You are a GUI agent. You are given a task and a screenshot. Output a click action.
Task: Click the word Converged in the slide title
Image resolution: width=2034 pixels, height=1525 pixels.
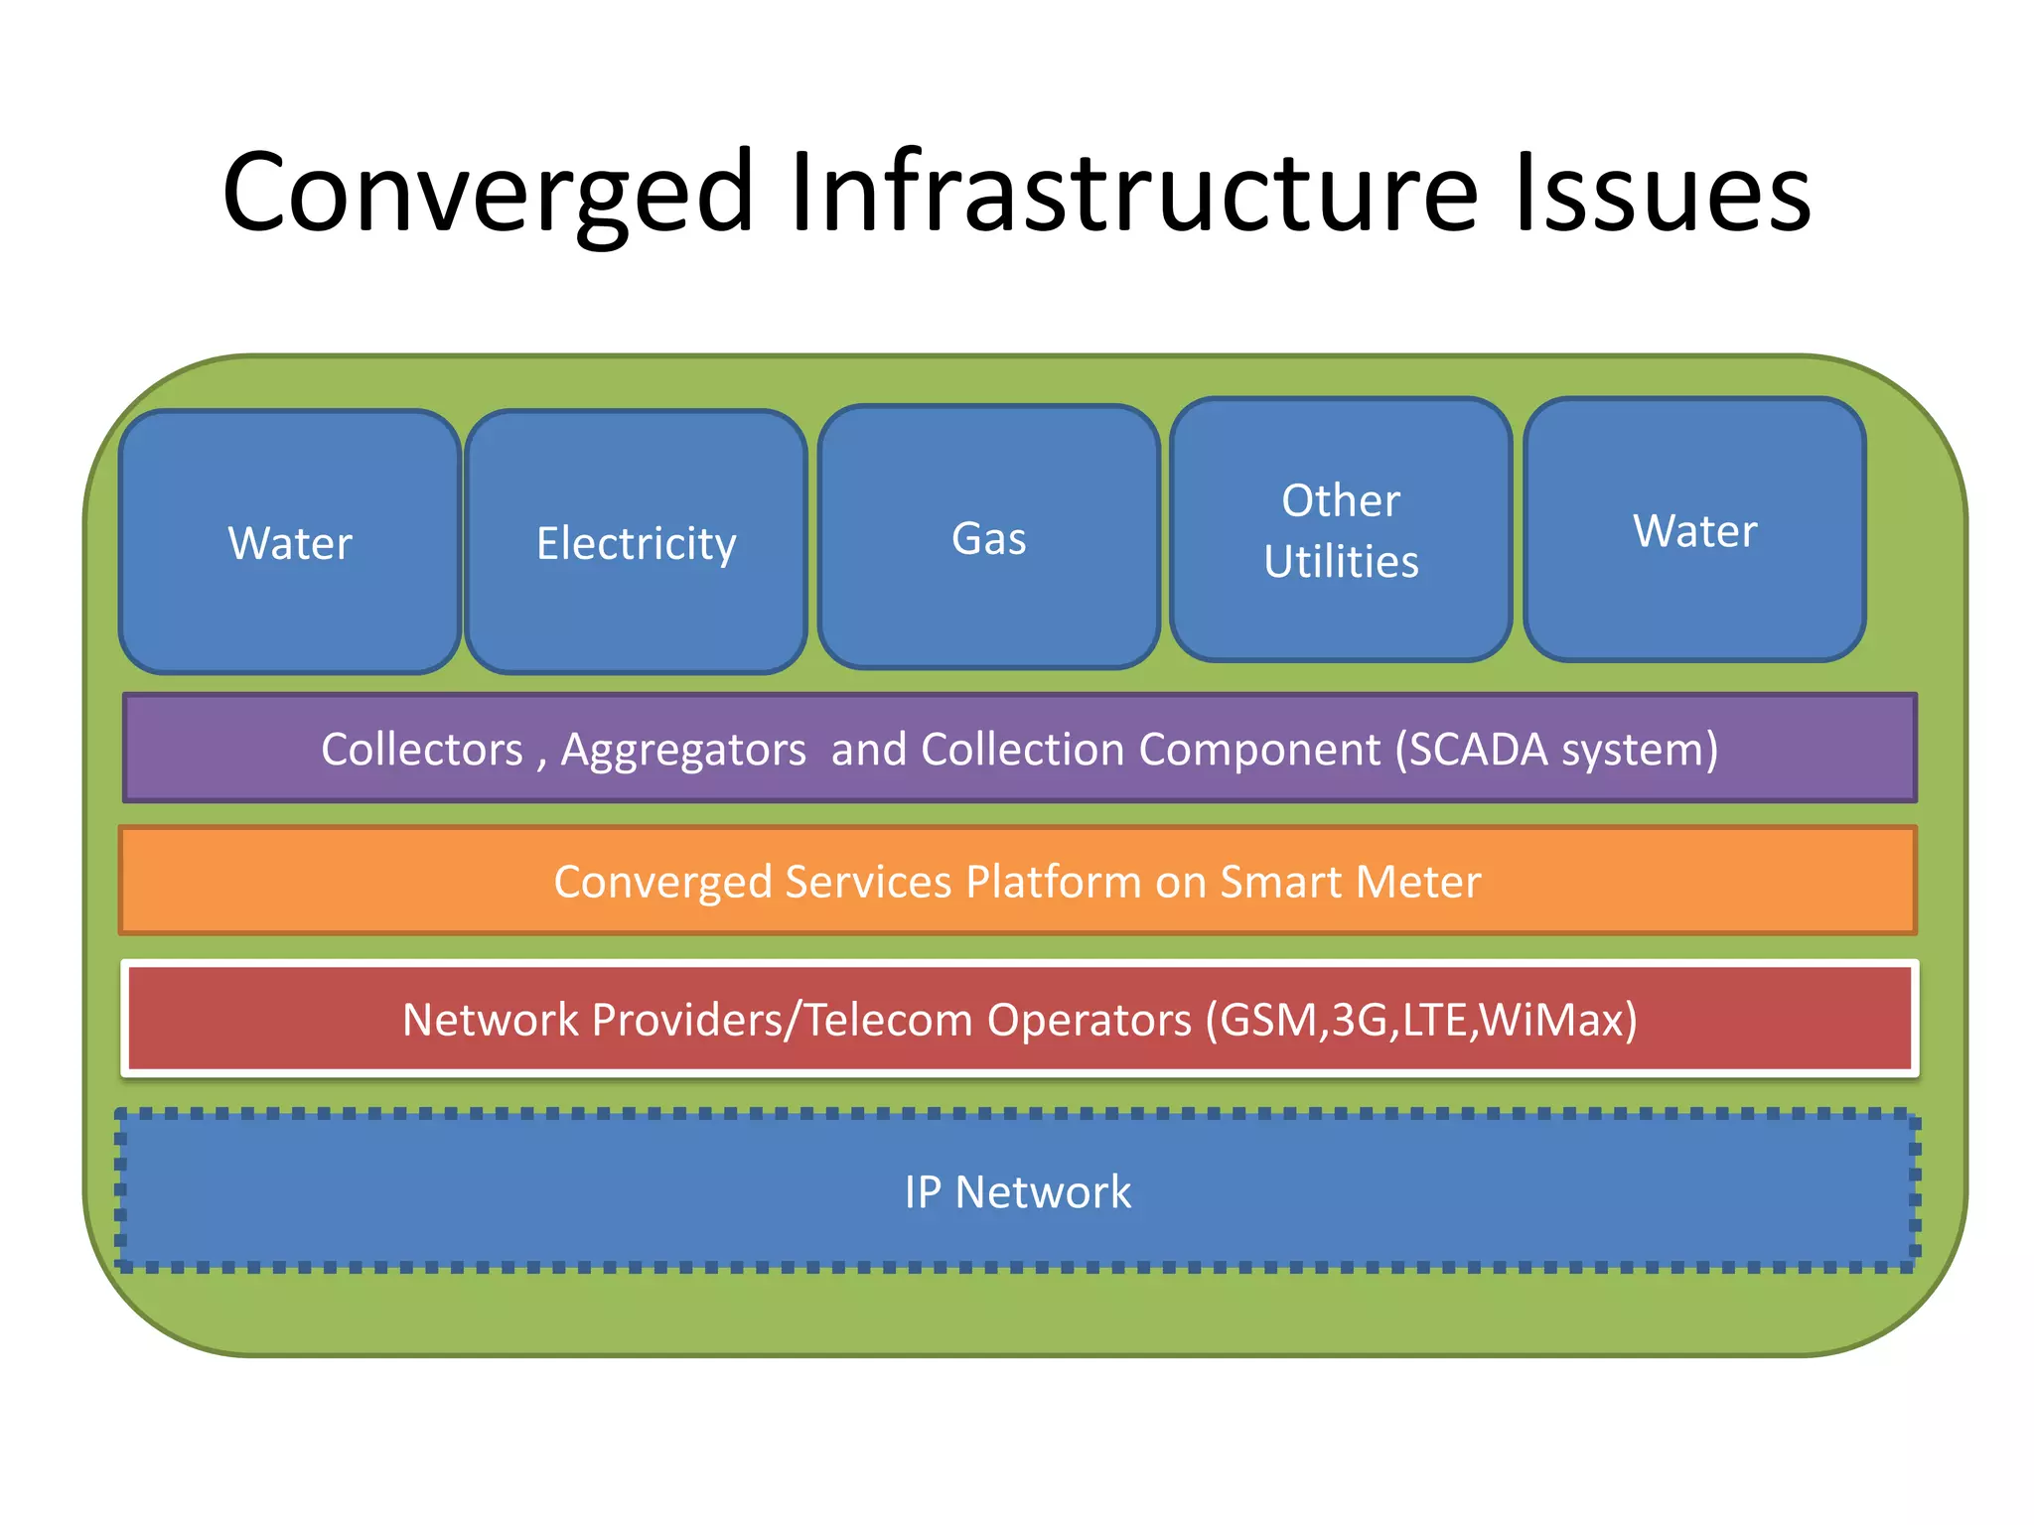(x=487, y=194)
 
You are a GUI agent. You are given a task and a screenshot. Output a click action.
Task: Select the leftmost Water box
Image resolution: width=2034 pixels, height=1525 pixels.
(x=289, y=543)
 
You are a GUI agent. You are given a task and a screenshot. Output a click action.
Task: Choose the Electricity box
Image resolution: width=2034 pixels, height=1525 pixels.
(x=636, y=543)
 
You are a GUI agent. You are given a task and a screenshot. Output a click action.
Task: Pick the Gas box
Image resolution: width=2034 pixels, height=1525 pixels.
(x=988, y=538)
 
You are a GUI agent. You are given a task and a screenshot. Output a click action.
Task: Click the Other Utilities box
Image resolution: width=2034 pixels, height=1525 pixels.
(x=1341, y=529)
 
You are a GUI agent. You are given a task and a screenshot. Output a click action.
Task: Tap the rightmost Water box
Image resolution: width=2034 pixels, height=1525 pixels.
(x=1694, y=531)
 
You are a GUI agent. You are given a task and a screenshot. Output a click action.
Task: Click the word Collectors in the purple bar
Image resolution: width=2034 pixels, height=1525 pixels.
(x=421, y=750)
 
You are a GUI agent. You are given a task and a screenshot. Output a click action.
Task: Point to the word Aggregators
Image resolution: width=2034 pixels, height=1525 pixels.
(x=683, y=750)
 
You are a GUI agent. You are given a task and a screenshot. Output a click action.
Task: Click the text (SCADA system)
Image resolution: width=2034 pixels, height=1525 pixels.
(x=1556, y=750)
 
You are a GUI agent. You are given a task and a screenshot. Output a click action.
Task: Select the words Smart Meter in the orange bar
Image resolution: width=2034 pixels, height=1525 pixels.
(x=1350, y=882)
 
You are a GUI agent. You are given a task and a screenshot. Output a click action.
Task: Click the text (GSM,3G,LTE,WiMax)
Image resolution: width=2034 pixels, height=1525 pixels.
(x=1421, y=1020)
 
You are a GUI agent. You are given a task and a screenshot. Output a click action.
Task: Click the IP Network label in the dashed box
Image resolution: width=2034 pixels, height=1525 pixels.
(x=1017, y=1191)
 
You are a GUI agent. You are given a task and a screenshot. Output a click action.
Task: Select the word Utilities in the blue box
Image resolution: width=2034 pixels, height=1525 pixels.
(x=1341, y=562)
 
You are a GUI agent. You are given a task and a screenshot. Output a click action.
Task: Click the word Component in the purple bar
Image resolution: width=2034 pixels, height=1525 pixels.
(x=1259, y=750)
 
